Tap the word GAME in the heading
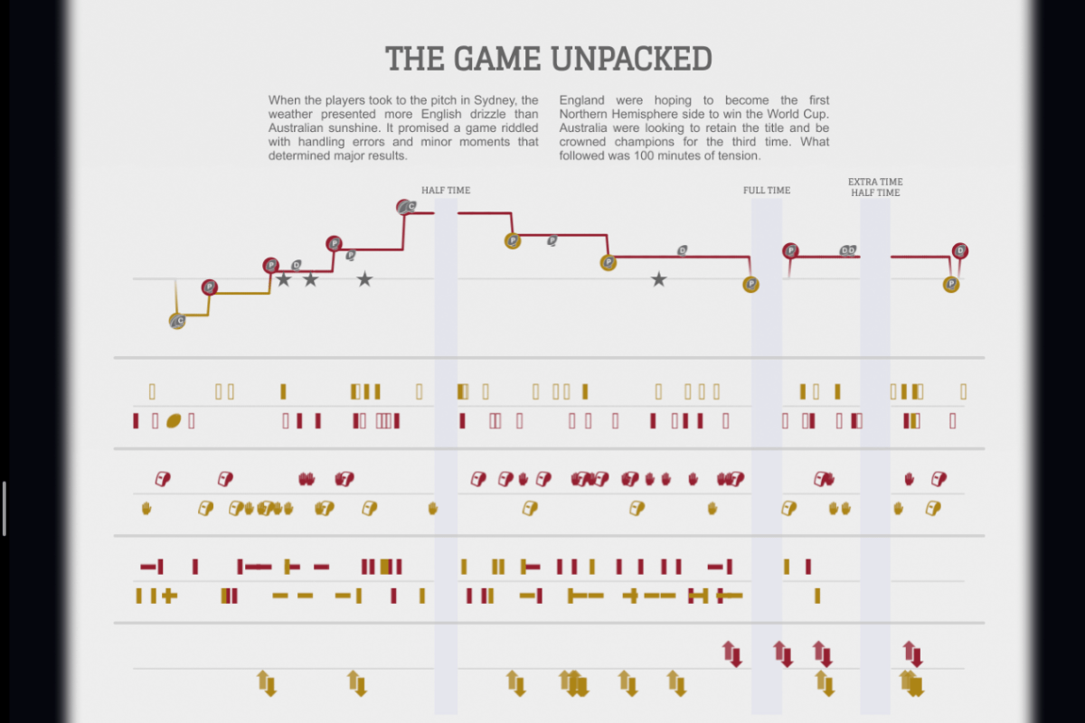coord(495,59)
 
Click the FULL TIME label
coord(767,191)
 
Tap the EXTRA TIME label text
coord(875,183)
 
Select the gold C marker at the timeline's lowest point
coord(177,321)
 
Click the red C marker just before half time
coord(406,208)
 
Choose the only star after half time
coord(658,280)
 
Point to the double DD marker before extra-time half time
coord(848,250)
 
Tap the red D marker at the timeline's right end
coord(960,250)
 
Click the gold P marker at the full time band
coord(750,285)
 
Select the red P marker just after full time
coord(791,251)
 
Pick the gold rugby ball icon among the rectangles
coord(174,420)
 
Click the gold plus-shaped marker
coord(169,596)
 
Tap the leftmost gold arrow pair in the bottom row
coord(264,682)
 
